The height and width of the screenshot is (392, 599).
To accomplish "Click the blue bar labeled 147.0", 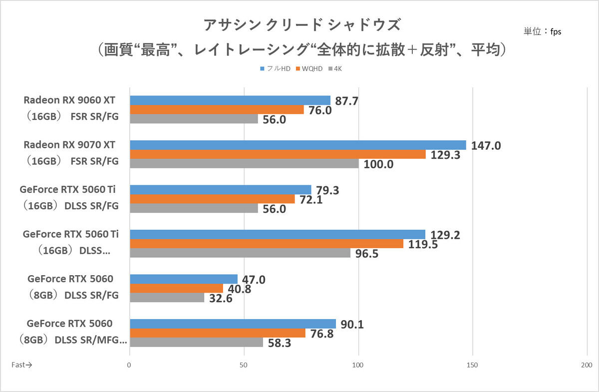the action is coord(298,145).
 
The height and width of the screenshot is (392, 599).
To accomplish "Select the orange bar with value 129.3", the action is coord(278,154).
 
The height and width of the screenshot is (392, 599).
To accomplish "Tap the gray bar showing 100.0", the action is coord(245,163).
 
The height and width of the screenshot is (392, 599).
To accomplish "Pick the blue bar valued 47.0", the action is coord(184,279).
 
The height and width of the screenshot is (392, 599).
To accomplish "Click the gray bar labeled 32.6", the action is coord(167,297).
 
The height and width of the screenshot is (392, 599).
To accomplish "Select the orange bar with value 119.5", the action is coord(267,244).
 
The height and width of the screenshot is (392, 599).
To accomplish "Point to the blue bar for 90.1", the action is coord(233,324).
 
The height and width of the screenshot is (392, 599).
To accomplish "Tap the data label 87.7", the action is coord(346,101).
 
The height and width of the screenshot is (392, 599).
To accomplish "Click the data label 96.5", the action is coord(366,254).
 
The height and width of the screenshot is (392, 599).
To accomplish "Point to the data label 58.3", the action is coord(280,343).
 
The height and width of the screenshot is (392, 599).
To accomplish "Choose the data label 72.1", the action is coord(311,200).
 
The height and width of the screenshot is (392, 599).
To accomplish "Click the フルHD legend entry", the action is coord(275,69).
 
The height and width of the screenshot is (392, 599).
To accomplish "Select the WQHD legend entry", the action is coord(309,69).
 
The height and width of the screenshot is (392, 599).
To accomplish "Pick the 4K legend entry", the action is coord(335,69).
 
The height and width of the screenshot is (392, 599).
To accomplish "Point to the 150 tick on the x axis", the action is coord(472,365).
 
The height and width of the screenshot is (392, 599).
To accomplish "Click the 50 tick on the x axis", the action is coord(244,365).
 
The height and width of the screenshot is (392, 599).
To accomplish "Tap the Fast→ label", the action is coord(21,365).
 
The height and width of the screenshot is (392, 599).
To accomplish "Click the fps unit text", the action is coord(556,32).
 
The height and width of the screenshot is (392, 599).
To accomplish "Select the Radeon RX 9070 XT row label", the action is coord(71,153).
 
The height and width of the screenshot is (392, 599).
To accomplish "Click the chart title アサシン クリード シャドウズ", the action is coord(302,25).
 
